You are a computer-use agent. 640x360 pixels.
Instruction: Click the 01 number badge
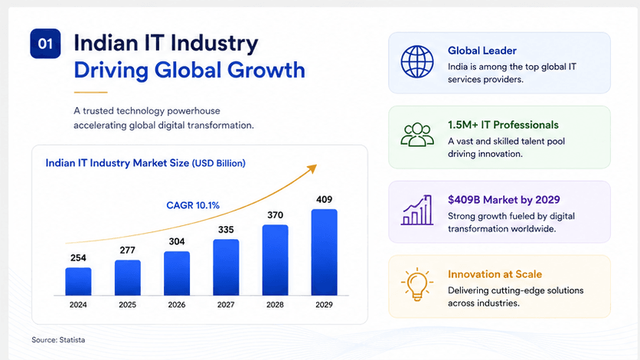(45, 43)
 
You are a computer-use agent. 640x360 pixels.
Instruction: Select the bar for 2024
(78, 281)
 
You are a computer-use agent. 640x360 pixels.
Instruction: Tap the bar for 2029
(324, 252)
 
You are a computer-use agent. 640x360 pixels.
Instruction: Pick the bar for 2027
(226, 267)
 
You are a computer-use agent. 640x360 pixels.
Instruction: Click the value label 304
(177, 241)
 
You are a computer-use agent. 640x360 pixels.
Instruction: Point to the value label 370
(275, 215)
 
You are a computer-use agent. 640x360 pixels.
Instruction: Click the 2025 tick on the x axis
(127, 305)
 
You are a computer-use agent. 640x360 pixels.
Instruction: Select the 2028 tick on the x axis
(275, 305)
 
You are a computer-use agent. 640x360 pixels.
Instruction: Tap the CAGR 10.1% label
(193, 205)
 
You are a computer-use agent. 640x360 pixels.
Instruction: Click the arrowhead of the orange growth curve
(312, 169)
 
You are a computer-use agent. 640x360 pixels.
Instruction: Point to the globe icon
(417, 61)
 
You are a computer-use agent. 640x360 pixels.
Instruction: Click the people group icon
(417, 135)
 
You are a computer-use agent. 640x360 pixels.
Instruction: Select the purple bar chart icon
(417, 210)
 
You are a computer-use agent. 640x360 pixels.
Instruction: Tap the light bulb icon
(416, 284)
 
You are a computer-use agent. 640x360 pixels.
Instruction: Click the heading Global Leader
(482, 51)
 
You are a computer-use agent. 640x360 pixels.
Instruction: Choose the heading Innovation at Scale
(495, 274)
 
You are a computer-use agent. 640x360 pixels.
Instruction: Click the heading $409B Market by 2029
(504, 200)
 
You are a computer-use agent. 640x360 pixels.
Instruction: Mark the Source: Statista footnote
(58, 339)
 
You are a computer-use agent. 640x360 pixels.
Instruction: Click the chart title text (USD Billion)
(219, 163)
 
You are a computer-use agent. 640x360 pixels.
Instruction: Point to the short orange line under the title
(90, 93)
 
